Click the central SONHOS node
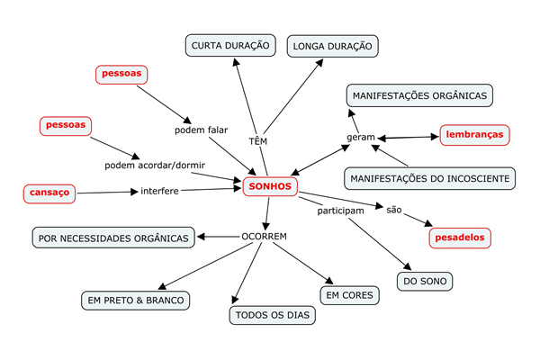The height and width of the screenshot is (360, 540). [x=270, y=186]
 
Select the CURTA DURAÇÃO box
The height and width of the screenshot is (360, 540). [x=230, y=45]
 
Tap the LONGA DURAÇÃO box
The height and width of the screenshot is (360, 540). [x=333, y=46]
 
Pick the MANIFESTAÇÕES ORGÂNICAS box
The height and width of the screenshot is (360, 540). [x=419, y=95]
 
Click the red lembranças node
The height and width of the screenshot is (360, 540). [x=474, y=135]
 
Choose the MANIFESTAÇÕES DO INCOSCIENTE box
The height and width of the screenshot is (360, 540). [x=430, y=178]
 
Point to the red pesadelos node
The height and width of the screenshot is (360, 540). [x=460, y=238]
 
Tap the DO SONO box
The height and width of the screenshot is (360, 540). [x=425, y=281]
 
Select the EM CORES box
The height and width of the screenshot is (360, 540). [x=349, y=295]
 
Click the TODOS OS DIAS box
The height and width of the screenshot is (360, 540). [x=273, y=315]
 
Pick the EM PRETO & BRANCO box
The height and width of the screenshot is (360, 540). [x=135, y=301]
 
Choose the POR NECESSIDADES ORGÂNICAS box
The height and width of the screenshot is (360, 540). [x=113, y=238]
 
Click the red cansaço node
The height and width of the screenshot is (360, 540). [x=49, y=193]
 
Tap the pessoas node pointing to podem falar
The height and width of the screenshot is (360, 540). [x=121, y=75]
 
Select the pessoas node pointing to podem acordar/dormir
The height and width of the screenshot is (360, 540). [x=66, y=126]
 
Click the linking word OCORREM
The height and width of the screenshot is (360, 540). [x=264, y=237]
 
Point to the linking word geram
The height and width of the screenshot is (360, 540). [x=361, y=137]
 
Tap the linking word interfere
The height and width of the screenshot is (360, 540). [x=159, y=191]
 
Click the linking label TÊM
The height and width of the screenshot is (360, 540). [x=258, y=140]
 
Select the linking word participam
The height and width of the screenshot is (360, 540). [x=340, y=211]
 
